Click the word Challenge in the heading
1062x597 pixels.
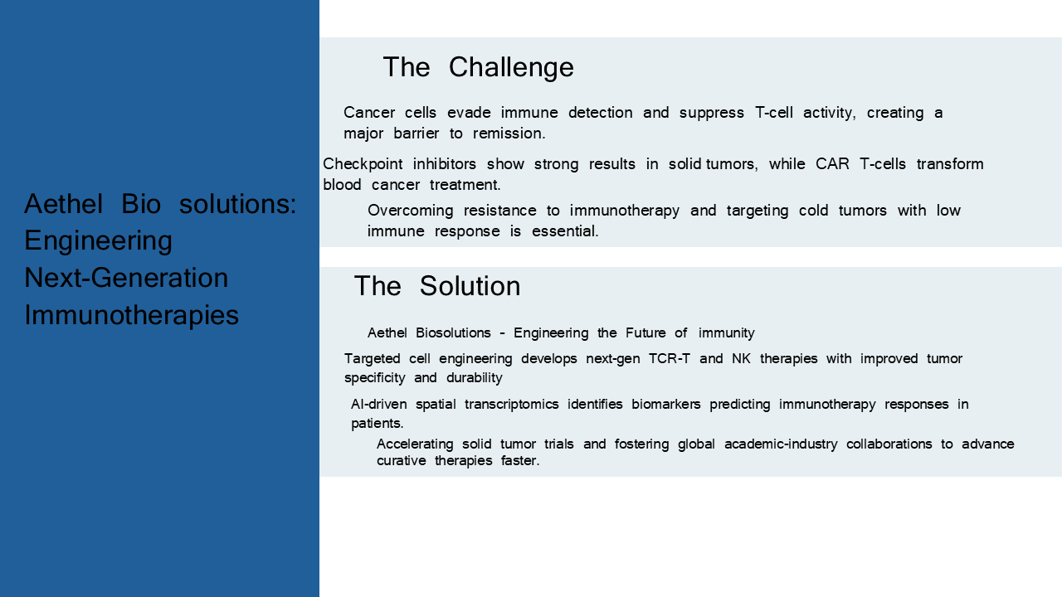click(511, 68)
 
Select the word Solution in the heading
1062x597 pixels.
click(470, 286)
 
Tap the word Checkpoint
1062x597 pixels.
click(363, 164)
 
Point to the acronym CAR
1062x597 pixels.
click(832, 164)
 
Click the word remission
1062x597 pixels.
click(509, 133)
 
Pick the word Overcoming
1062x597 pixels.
click(410, 211)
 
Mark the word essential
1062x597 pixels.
click(565, 231)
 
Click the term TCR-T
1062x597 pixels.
click(669, 359)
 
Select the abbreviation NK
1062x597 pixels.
click(741, 359)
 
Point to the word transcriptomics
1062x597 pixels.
click(512, 405)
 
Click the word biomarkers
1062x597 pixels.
click(666, 404)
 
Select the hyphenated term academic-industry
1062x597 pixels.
click(781, 444)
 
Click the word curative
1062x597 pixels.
click(401, 460)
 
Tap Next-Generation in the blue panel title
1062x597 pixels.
click(126, 278)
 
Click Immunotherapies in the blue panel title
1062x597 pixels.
click(131, 315)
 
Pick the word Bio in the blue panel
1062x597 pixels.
click(141, 204)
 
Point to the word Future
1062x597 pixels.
click(645, 333)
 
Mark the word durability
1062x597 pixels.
click(474, 378)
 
